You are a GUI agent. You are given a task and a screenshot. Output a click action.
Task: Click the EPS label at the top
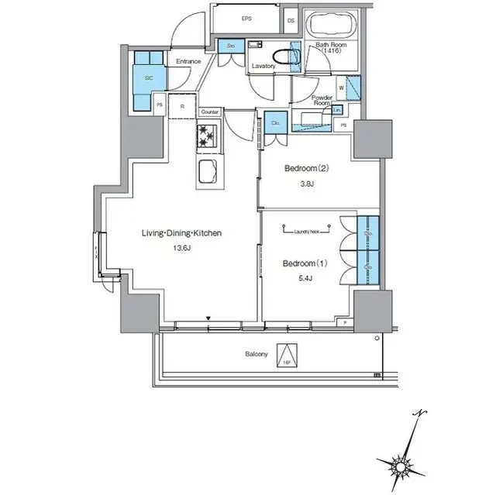[246, 18]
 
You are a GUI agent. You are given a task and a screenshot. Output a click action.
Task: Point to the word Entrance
[189, 61]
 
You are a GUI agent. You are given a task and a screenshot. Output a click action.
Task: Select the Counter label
[210, 112]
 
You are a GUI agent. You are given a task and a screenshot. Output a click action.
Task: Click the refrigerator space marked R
[181, 106]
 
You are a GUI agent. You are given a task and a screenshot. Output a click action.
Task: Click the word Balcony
[257, 355]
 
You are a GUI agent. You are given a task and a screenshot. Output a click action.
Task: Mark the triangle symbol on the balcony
[286, 355]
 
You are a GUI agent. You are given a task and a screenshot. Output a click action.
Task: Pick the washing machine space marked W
[342, 88]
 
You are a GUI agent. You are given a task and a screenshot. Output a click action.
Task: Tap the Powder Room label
[322, 100]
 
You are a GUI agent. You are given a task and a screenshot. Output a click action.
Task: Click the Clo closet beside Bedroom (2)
[275, 122]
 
